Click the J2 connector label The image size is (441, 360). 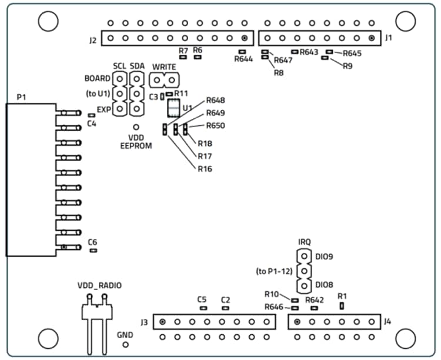point(92,41)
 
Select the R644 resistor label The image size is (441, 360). point(243,59)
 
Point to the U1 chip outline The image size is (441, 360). point(173,109)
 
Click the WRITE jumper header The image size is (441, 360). point(164,79)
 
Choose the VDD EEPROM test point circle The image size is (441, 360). point(136,126)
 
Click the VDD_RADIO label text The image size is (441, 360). point(100,285)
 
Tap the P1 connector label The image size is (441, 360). point(22,96)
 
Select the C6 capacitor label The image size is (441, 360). point(93,242)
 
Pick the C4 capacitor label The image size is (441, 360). point(92,124)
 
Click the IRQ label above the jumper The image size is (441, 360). point(304,242)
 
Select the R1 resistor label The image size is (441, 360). point(342,296)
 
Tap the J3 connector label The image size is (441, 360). point(144,322)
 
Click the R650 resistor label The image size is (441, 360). point(215,125)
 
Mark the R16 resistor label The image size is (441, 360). point(205,169)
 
